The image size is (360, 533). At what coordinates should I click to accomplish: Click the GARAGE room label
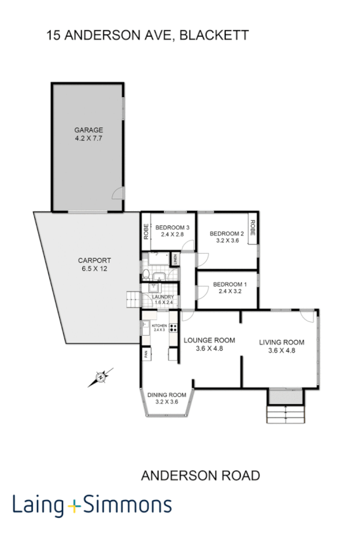click(88, 130)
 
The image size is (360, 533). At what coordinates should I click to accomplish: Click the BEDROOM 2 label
click(227, 234)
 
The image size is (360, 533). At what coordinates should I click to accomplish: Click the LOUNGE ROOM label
click(209, 340)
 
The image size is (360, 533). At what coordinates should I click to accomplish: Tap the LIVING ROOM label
click(281, 342)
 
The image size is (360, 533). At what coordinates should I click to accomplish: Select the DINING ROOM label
click(166, 394)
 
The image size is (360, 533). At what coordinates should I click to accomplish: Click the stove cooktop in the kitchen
click(173, 327)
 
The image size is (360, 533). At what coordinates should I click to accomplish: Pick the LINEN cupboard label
click(175, 260)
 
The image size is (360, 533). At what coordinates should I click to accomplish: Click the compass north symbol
click(100, 377)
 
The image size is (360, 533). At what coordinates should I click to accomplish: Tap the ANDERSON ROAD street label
click(201, 476)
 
